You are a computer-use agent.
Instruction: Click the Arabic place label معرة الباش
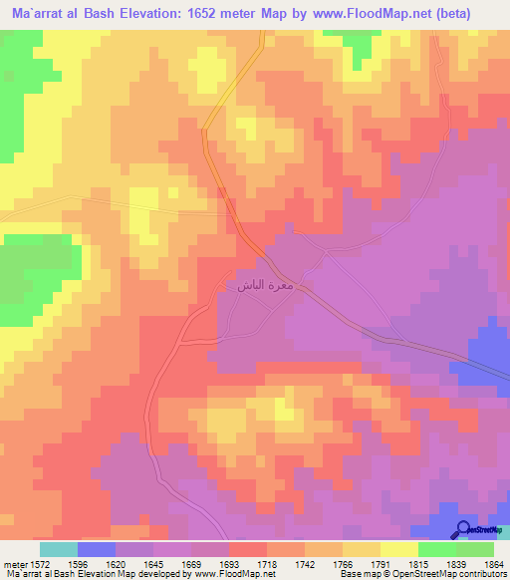point(264,286)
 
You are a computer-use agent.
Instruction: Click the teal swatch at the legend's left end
point(59,549)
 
